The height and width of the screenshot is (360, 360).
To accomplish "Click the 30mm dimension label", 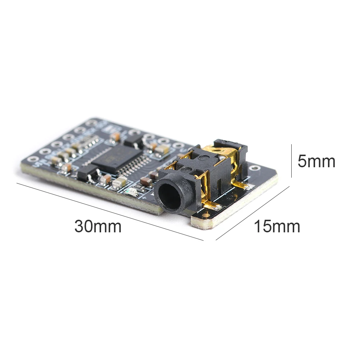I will [x=98, y=227].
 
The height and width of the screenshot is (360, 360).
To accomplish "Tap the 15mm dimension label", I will [x=277, y=227].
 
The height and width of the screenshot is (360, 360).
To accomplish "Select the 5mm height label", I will [x=316, y=161].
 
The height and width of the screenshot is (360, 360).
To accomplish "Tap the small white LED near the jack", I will [x=132, y=192].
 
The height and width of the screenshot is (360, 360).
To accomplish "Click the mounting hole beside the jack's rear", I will [x=255, y=167].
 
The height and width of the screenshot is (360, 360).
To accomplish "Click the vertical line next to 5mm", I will [x=291, y=161].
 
